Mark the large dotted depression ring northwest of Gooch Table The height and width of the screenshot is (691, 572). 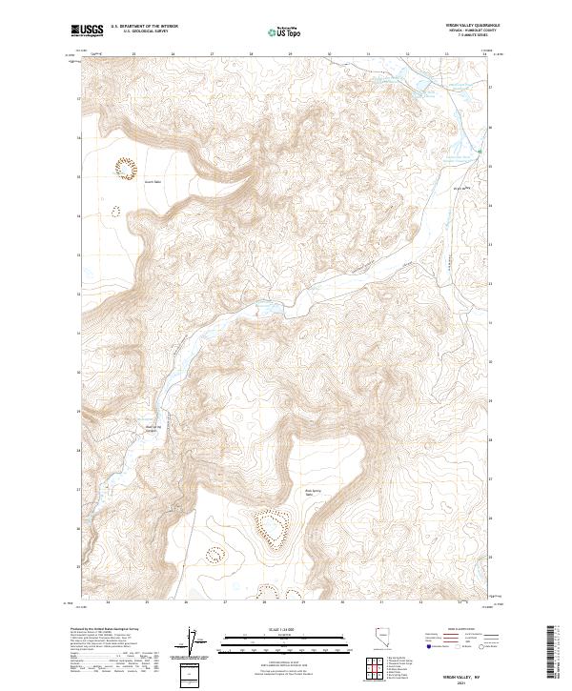click(125, 168)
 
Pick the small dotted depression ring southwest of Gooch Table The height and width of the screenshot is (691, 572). click(114, 212)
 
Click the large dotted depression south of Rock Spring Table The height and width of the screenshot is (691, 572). click(271, 530)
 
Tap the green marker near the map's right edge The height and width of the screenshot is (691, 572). click(480, 152)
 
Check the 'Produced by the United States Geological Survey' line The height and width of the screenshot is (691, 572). click(114, 630)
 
